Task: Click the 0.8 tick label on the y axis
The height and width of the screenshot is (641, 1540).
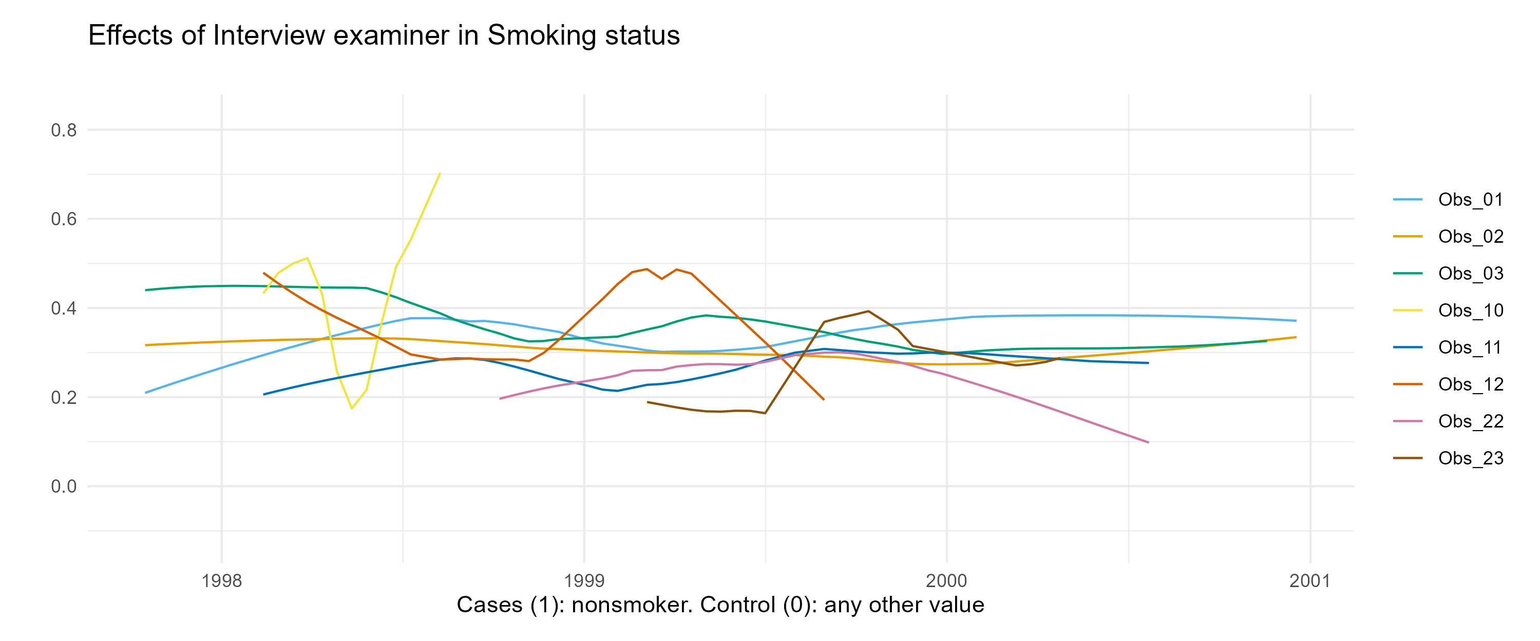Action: click(x=64, y=130)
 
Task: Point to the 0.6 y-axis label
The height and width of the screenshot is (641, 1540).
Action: click(x=64, y=219)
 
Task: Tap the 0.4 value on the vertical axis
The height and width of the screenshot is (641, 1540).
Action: click(x=64, y=308)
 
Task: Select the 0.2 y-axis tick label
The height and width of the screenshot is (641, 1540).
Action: click(x=64, y=397)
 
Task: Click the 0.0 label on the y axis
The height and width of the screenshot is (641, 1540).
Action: click(x=64, y=487)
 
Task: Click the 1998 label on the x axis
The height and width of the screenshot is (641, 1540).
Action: click(x=222, y=580)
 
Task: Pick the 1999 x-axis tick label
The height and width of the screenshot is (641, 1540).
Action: click(x=584, y=580)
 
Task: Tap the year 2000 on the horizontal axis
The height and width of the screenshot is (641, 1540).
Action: click(x=947, y=580)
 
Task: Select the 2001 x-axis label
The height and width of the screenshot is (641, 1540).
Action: click(x=1310, y=580)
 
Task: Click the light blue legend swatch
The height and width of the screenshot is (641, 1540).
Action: click(x=1408, y=200)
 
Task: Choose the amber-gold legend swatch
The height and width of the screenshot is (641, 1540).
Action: click(x=1408, y=237)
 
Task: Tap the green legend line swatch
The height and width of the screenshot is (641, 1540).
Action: click(x=1408, y=274)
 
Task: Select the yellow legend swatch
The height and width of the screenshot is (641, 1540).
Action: click(x=1408, y=310)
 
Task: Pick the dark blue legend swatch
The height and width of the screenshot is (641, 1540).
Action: click(x=1408, y=347)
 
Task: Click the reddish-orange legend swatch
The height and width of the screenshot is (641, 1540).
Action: click(x=1408, y=384)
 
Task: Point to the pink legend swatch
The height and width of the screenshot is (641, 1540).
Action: click(x=1408, y=421)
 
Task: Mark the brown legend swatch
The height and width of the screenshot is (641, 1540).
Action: click(x=1408, y=458)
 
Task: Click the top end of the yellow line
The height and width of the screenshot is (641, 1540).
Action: click(x=440, y=173)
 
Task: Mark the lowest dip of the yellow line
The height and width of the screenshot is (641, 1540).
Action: click(x=352, y=409)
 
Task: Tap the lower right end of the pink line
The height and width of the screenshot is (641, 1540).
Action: click(x=1148, y=443)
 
